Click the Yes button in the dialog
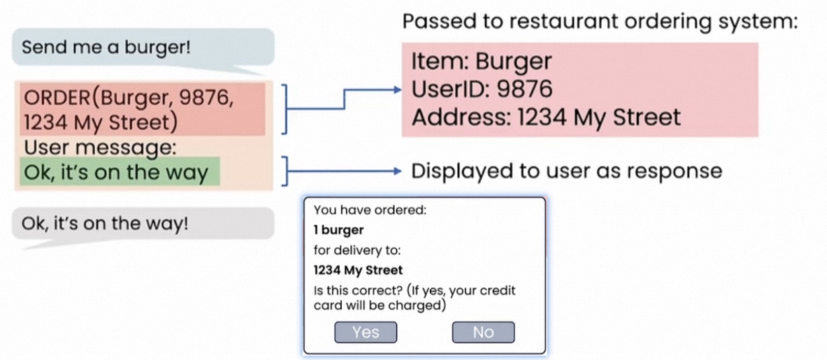365,332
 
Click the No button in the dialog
483,332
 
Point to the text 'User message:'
100,147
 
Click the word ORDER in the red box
56,97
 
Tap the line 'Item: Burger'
481,62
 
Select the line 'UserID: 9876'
481,89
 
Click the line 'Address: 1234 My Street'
546,117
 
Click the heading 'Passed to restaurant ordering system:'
600,21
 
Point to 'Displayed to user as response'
566,171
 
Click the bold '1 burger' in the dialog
338,230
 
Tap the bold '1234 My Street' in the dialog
358,270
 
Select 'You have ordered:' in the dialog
370,209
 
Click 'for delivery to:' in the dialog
357,250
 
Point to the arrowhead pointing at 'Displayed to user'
398,171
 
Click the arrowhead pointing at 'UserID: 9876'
398,90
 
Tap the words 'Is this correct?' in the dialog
358,290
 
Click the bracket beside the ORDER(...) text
285,109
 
